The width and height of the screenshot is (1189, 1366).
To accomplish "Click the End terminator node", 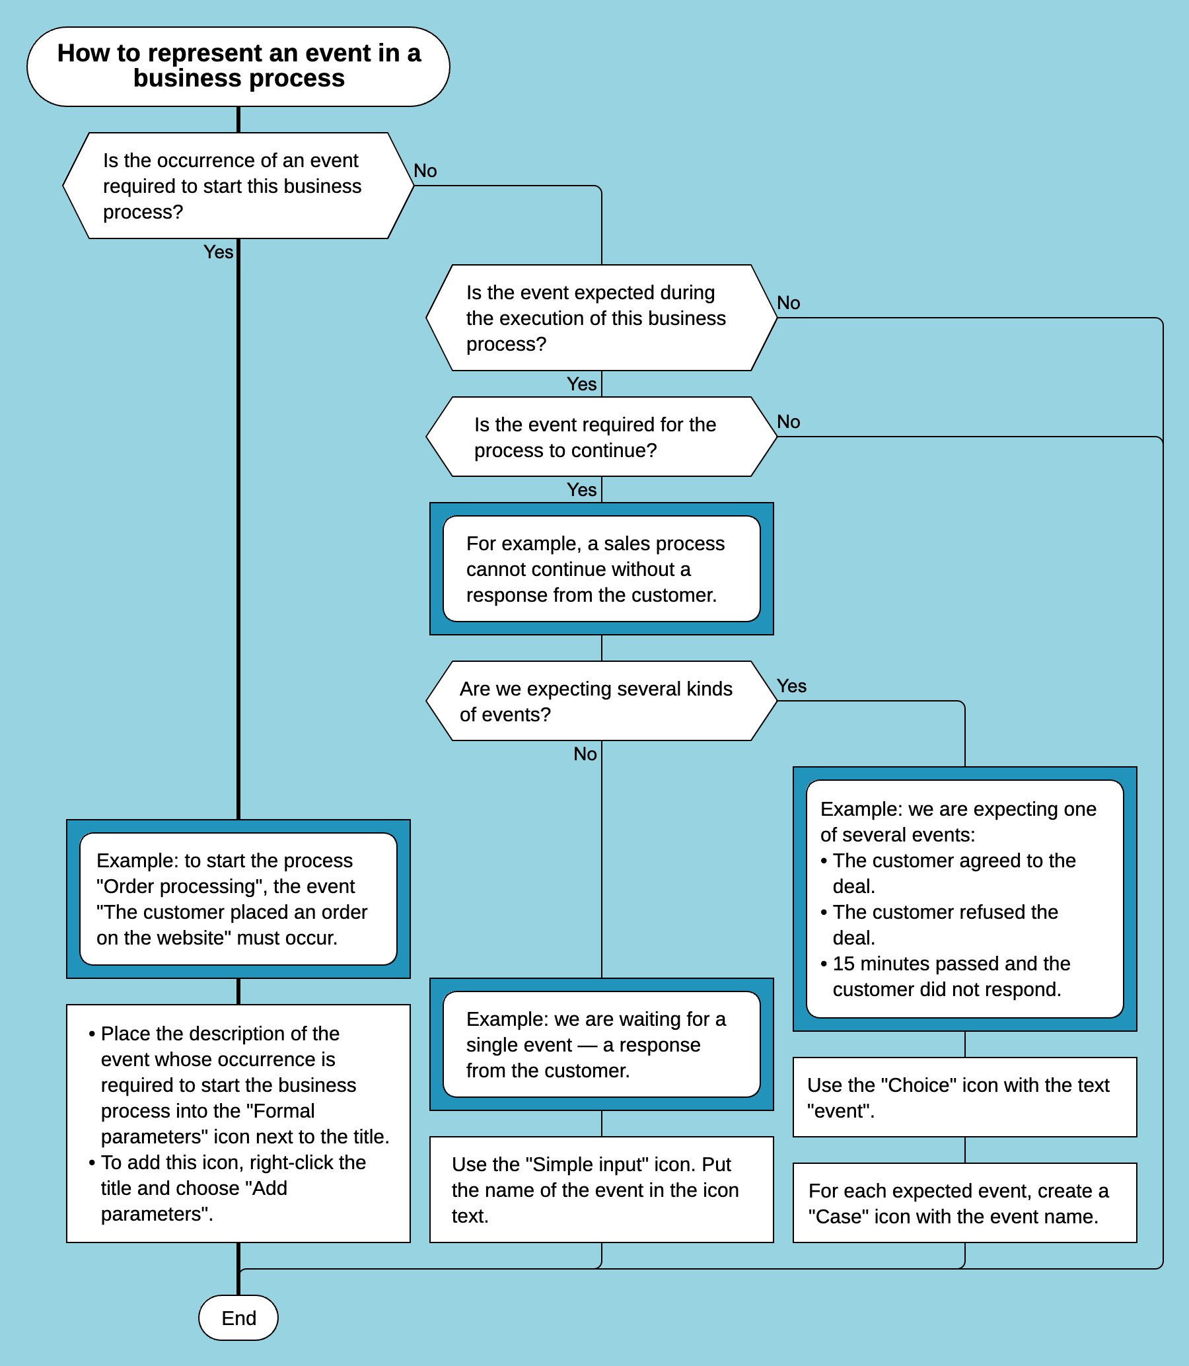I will [238, 1318].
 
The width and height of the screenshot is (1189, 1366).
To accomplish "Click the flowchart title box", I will [238, 66].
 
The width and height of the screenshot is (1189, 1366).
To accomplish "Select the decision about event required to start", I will [238, 186].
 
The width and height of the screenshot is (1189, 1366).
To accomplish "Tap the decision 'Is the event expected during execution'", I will [601, 318].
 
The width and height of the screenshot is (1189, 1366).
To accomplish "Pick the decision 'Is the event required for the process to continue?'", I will [601, 437].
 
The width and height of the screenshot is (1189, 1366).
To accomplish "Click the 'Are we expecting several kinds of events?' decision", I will [601, 701].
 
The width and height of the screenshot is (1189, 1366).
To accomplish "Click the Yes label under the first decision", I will [218, 252].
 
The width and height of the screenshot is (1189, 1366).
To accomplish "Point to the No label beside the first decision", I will [425, 171].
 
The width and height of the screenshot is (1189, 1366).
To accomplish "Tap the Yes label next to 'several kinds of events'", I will [791, 686].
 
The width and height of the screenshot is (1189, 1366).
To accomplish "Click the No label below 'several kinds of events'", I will [585, 754].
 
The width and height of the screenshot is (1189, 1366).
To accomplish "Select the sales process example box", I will [601, 569].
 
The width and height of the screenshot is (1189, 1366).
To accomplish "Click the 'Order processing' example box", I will [238, 898].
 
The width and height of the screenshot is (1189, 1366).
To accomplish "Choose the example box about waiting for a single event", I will [601, 1044].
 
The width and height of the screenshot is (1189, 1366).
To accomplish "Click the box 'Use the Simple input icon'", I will [601, 1190].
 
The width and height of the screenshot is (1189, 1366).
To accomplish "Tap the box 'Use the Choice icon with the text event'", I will [964, 1097].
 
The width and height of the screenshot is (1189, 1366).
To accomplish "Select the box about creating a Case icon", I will [964, 1203].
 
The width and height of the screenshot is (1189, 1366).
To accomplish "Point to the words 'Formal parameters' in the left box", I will [284, 1110].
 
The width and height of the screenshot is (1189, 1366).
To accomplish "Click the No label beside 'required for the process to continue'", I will [788, 422].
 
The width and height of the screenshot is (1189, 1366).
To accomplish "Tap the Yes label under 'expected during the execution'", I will [582, 384].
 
